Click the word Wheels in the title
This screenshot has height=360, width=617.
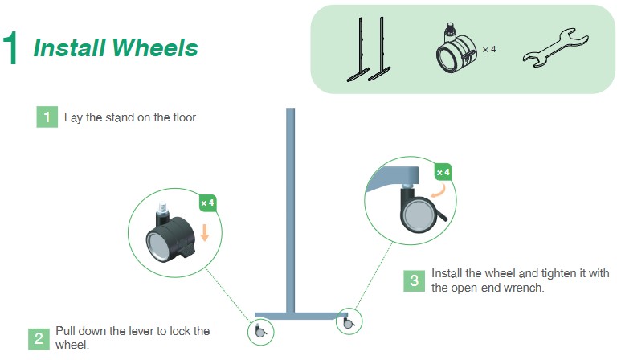155,47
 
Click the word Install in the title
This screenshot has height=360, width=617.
70,47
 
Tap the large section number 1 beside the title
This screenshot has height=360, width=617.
10,47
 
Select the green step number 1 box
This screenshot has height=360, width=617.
47,117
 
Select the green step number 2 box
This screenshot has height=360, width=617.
39,339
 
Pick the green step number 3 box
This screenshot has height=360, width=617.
414,281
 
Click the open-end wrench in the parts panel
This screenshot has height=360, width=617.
555,47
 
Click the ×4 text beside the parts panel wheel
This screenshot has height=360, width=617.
489,50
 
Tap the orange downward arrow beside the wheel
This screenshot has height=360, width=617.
205,232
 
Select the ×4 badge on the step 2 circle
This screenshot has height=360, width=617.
207,203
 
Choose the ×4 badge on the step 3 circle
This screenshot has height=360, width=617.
443,172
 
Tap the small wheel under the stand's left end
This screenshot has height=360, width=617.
259,331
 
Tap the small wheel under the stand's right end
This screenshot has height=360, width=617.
348,322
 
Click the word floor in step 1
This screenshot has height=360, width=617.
186,117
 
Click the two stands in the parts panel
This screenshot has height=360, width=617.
369,49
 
